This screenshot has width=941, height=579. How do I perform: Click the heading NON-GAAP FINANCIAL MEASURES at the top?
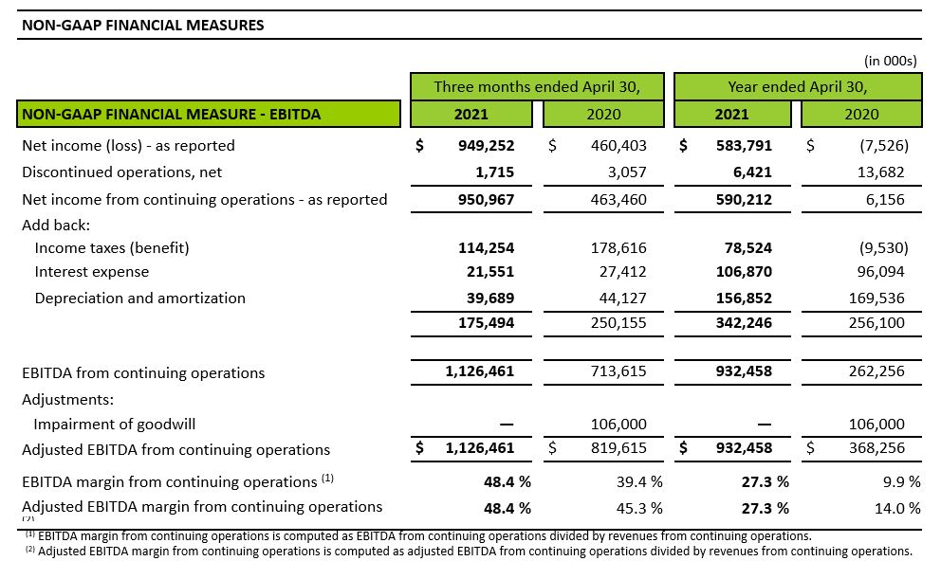pos(143,26)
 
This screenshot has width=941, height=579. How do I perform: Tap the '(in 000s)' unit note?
pos(890,61)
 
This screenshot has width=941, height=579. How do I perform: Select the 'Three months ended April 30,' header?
pos(537,87)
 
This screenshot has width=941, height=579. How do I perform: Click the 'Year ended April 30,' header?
pos(798,87)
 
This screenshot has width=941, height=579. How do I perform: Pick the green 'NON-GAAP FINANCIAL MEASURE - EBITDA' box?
pos(209,114)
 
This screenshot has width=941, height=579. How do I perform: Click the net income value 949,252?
pos(486,146)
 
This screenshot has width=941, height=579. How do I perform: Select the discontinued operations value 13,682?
pos(880,172)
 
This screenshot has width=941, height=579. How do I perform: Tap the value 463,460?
pos(618,200)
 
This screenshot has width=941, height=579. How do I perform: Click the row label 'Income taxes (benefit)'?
pos(112,248)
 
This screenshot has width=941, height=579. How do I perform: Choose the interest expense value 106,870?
pos(744,272)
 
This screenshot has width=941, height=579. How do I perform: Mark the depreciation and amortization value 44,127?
pos(622,298)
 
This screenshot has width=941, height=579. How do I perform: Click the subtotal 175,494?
pos(486,323)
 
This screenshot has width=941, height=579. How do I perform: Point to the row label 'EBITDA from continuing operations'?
pos(143,372)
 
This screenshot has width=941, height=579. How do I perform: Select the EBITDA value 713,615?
pos(618,371)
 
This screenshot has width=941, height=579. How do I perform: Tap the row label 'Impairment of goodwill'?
pos(115,425)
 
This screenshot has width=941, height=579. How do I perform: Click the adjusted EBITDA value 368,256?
pos(876,447)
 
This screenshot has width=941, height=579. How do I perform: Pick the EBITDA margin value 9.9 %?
pos(897,482)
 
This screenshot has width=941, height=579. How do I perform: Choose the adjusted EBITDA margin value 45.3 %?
pos(639,508)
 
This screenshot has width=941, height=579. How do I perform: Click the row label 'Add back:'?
pos(56,226)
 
